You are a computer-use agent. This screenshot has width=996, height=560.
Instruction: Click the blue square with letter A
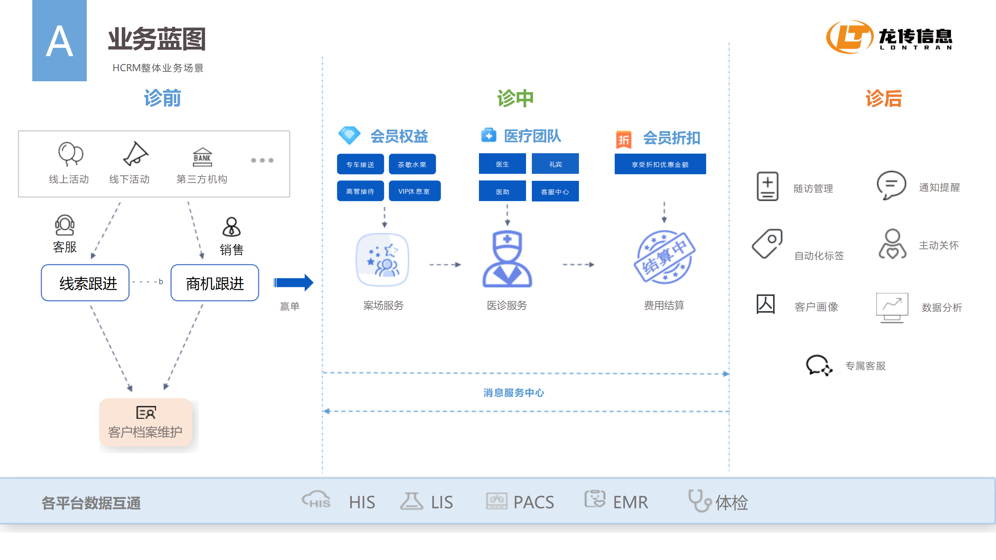click(59, 40)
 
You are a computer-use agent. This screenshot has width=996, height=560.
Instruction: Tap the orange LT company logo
click(849, 37)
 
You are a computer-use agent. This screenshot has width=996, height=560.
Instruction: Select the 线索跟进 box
click(85, 283)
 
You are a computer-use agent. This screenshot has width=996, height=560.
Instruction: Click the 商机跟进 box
click(215, 283)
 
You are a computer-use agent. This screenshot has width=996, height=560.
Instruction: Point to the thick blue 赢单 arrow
click(293, 283)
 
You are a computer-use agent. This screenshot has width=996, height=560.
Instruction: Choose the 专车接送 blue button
click(360, 164)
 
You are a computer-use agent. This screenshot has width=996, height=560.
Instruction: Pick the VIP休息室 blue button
click(414, 191)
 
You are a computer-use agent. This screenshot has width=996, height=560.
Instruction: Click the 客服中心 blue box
click(555, 191)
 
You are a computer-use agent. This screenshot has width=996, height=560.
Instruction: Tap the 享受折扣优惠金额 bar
click(660, 164)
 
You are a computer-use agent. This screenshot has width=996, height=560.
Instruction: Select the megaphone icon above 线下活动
click(135, 154)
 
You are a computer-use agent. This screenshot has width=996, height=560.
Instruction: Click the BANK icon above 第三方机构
click(202, 157)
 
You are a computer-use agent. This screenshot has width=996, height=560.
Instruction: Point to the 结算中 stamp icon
click(664, 257)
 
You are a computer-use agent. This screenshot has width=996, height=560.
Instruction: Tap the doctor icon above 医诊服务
click(507, 259)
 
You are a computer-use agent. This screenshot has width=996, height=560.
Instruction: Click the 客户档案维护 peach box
click(146, 422)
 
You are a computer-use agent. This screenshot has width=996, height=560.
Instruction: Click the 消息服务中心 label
click(514, 393)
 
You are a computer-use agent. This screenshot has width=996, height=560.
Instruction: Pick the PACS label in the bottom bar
click(533, 502)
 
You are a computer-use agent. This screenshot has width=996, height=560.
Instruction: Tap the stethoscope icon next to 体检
click(699, 500)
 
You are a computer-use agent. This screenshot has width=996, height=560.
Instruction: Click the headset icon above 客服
click(65, 225)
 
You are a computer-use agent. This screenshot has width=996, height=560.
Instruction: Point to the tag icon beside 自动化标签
click(767, 243)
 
